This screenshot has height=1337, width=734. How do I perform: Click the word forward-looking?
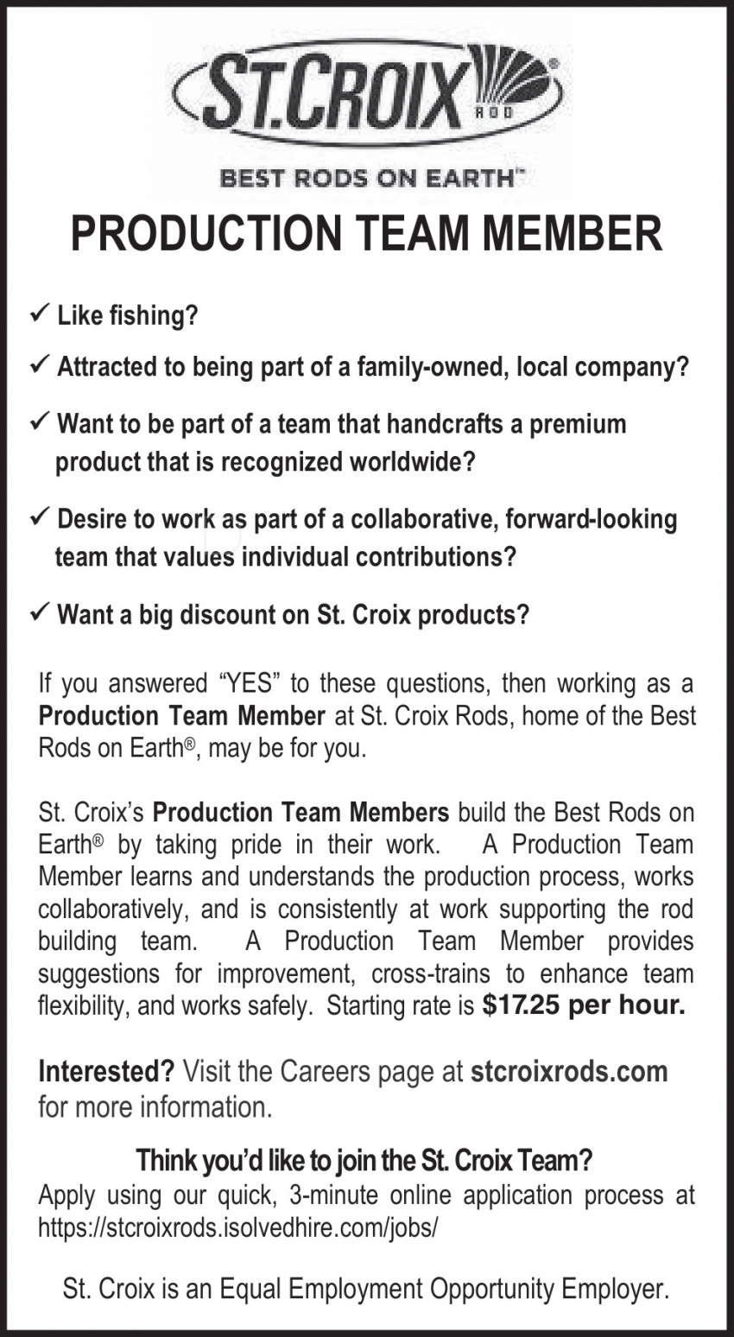pyautogui.click(x=591, y=519)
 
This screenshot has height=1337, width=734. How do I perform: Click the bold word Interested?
pyautogui.click(x=106, y=1072)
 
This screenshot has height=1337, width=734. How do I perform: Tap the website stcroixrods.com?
pyautogui.click(x=569, y=1072)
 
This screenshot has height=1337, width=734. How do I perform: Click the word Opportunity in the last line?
pyautogui.click(x=492, y=1289)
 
